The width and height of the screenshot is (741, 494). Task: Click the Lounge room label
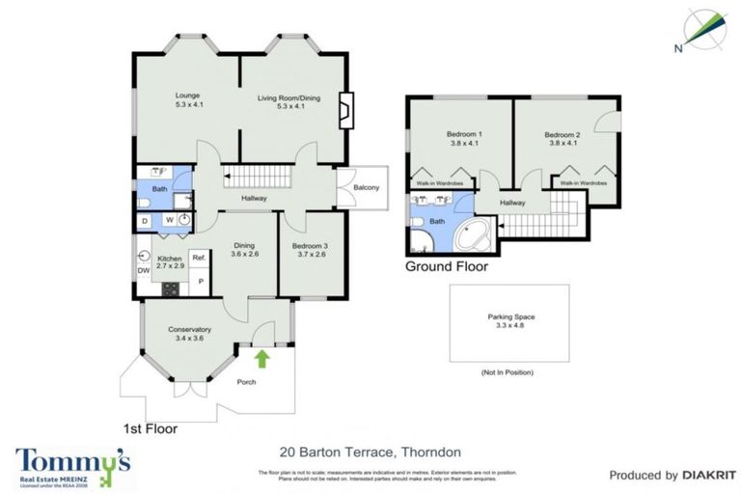pyautogui.click(x=186, y=96)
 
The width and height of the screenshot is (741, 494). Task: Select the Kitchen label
pyautogui.click(x=170, y=259)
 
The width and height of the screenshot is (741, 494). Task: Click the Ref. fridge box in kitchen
pyautogui.click(x=199, y=258)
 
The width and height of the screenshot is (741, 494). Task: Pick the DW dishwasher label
pyautogui.click(x=144, y=272)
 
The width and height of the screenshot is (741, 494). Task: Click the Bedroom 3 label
pyautogui.click(x=310, y=246)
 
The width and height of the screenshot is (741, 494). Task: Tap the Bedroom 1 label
pyautogui.click(x=465, y=133)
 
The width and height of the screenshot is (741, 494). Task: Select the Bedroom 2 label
pyautogui.click(x=562, y=133)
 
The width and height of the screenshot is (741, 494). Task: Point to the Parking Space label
pyautogui.click(x=510, y=316)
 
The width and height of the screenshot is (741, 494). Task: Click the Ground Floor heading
pyautogui.click(x=446, y=266)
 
